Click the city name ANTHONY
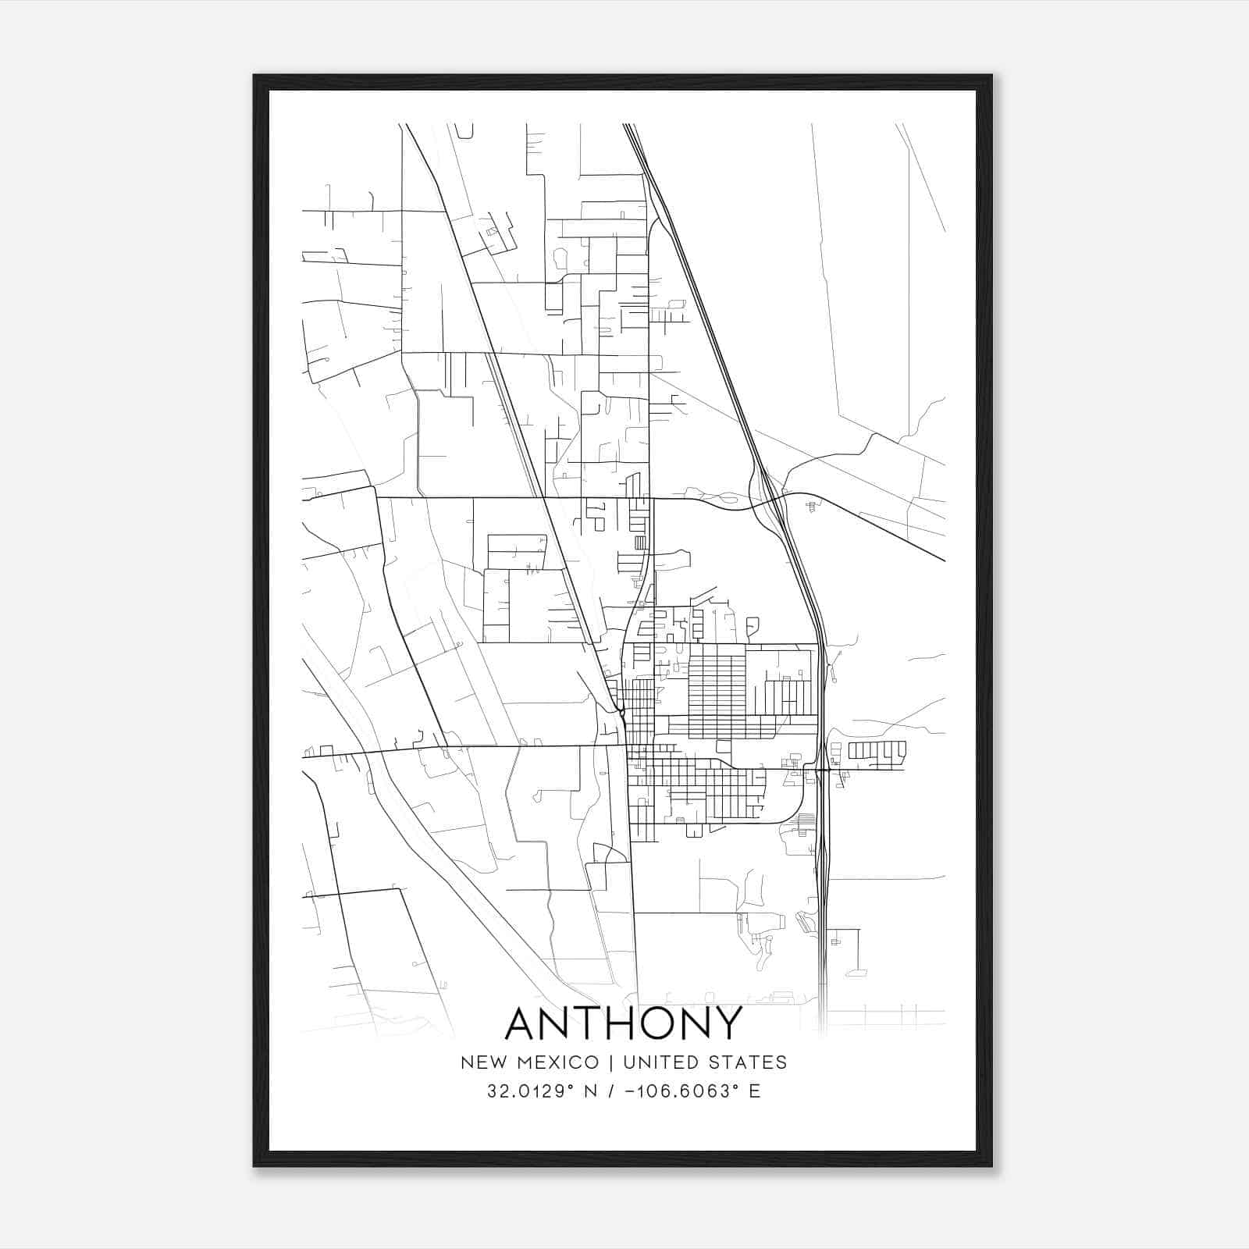pos(624,1023)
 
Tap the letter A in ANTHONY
pos(525,1023)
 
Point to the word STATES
pos(751,1062)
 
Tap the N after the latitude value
pos(591,1091)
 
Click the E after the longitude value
pos(755,1091)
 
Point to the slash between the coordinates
pos(610,1091)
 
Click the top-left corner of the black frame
pos(254,76)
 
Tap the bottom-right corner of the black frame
pos(991,1166)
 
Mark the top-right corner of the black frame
pos(991,76)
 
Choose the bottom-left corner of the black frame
pos(254,1166)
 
